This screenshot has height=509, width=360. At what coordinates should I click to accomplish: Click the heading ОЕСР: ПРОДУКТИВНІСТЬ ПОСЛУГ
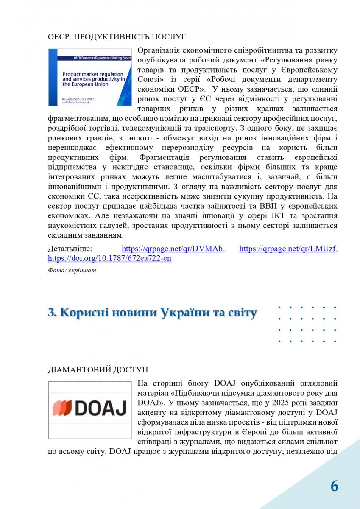117,37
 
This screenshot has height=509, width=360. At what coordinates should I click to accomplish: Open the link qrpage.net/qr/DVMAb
173,249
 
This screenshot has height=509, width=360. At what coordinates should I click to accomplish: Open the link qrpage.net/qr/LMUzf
288,249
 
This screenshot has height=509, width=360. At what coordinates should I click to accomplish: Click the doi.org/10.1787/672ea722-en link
109,258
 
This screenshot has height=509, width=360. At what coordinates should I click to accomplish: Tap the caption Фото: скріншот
72,270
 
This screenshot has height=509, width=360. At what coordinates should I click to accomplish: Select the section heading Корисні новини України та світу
153,313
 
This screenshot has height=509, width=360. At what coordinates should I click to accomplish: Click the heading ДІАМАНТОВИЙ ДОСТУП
98,369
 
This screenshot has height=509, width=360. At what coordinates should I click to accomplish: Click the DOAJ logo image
89,409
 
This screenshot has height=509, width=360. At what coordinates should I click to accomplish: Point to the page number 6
335,486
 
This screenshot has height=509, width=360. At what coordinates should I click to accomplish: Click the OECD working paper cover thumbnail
89,77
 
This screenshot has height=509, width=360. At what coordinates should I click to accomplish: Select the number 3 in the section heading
52,313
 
